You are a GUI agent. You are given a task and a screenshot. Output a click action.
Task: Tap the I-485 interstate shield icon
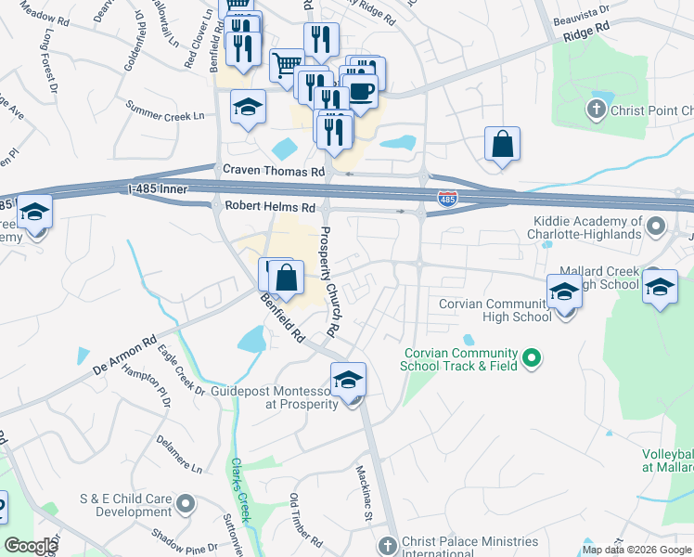coord(446,198)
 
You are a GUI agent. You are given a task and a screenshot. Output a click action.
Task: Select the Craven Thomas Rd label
coord(274,171)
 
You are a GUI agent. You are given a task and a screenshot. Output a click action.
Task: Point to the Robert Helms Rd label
coord(270,207)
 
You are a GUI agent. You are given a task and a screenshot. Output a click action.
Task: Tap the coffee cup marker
coord(362,91)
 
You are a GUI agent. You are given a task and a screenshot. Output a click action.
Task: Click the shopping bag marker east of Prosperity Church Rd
coord(502,144)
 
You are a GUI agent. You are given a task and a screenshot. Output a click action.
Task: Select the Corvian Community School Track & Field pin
coord(532,356)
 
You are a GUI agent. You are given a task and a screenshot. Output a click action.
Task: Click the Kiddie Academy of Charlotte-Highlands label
coord(588,227)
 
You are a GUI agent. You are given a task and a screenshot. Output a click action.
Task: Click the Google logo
coord(30,546)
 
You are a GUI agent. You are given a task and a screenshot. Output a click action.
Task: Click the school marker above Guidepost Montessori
coord(348,379)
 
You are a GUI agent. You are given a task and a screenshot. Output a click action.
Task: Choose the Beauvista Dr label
coord(580,18)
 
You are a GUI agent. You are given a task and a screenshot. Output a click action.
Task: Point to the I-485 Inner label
coord(159,189)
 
